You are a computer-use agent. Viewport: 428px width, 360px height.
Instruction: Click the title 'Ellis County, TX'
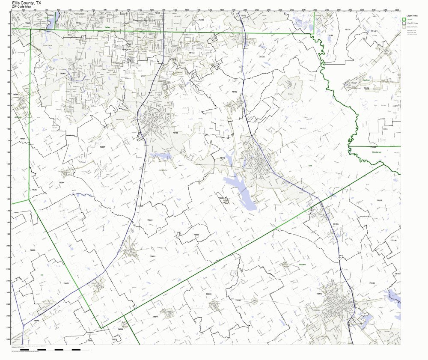coord(27,3)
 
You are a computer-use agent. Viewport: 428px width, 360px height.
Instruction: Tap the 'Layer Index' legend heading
coord(412,15)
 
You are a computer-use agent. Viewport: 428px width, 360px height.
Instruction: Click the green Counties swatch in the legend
coord(404,19)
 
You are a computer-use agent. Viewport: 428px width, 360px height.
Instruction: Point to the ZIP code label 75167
coord(102,147)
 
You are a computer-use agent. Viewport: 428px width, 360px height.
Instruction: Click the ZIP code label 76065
coord(63,74)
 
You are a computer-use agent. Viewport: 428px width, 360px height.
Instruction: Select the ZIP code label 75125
coord(262,57)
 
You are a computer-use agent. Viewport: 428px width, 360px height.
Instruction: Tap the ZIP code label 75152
coord(234,92)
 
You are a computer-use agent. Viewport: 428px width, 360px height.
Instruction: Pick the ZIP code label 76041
coord(150,220)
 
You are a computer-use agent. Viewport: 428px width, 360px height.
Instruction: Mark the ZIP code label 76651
coord(153,256)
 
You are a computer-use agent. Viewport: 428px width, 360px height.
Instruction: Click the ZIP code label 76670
coord(66,284)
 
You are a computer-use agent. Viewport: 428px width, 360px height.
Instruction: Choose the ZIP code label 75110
coord(319,294)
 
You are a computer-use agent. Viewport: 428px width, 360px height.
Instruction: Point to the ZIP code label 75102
coord(238,300)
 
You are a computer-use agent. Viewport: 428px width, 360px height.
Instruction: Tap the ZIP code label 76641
coord(155,316)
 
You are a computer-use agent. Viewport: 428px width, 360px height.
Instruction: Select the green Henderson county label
coord(377,152)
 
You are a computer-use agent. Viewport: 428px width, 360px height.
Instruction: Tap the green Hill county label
coord(42,275)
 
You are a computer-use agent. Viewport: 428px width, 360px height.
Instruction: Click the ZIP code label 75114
coord(347,30)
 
